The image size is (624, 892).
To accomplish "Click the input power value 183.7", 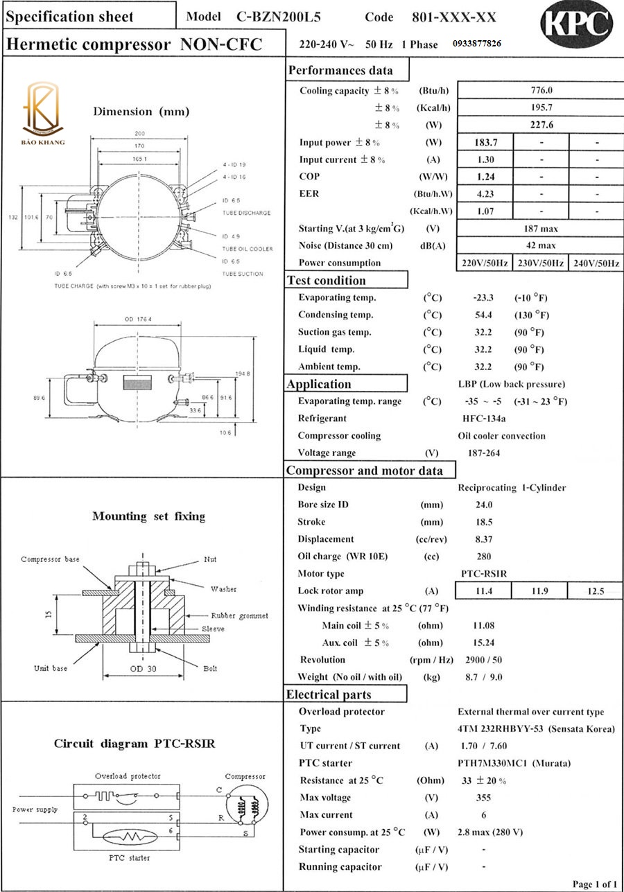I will [x=485, y=142].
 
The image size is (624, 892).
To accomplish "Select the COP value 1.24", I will [x=485, y=177].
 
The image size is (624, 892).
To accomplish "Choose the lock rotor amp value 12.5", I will [x=595, y=591].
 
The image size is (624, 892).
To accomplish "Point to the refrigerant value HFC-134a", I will [x=484, y=419].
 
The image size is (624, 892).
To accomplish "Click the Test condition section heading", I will [x=326, y=281].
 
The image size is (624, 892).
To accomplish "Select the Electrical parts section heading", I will [x=329, y=694].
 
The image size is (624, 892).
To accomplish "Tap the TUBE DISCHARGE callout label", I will [x=246, y=213].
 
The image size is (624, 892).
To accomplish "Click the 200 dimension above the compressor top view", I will [x=139, y=133].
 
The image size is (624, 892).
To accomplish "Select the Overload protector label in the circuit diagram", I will [x=128, y=776].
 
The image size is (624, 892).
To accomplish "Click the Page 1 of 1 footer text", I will [x=594, y=884].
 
